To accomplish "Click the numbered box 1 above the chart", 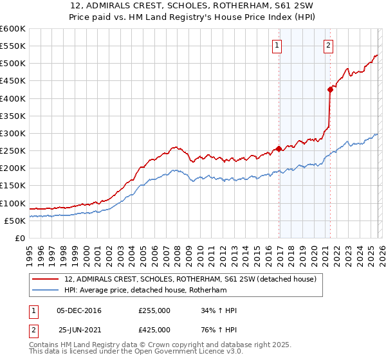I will (277, 45).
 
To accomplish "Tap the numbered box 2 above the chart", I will (328, 45).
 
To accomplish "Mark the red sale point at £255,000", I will (279, 149).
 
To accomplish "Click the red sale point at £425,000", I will (330, 89).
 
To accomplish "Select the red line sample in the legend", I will (46, 280).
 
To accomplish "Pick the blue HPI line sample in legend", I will (46, 291).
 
